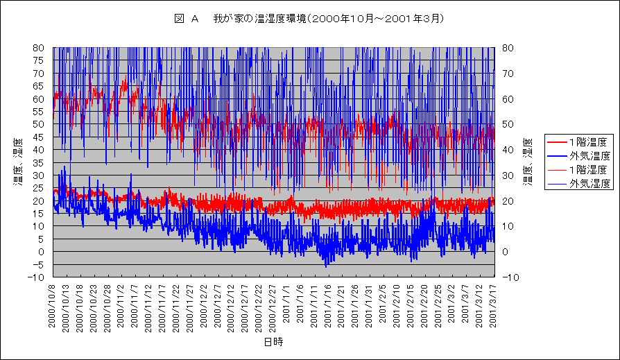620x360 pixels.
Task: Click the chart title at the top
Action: (x=309, y=19)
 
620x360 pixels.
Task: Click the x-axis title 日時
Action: (x=273, y=342)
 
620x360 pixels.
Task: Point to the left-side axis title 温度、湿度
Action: (x=16, y=163)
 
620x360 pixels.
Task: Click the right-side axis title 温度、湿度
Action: (x=526, y=163)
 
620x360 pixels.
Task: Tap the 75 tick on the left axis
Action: (x=39, y=60)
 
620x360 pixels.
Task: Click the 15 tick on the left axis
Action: (x=39, y=214)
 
